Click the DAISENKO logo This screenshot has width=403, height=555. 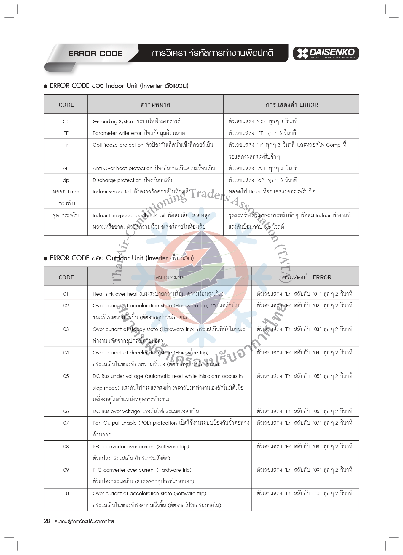(326, 53)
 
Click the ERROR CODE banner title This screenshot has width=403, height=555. (95, 54)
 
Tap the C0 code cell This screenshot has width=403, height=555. (66, 121)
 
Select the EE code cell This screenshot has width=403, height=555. (66, 133)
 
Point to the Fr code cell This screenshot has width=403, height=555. (66, 145)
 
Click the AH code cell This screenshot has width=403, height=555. (66, 168)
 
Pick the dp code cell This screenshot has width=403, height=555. (66, 180)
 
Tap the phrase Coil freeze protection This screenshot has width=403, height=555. (118, 145)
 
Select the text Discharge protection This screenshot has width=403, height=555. (117, 180)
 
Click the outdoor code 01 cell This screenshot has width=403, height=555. (66, 294)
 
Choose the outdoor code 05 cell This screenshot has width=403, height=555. (66, 376)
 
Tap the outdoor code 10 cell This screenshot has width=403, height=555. (66, 493)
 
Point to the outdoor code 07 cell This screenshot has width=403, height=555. (66, 423)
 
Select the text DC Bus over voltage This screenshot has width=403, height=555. (116, 411)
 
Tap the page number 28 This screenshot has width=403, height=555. (47, 521)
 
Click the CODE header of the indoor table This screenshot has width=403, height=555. (66, 105)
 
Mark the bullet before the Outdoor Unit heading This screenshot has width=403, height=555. (46, 259)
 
